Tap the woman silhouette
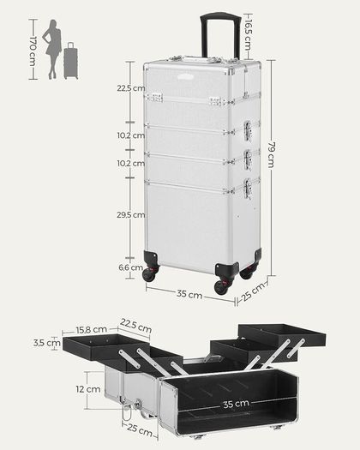[x=52, y=50]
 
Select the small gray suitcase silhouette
[x=70, y=61]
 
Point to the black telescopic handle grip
[x=220, y=16]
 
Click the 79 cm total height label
[x=272, y=154]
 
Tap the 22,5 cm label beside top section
[x=130, y=88]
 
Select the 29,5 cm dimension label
[x=130, y=214]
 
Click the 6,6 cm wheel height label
[x=130, y=267]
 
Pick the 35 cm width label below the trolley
[x=189, y=294]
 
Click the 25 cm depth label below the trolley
[x=253, y=292]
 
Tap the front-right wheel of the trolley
[x=222, y=286]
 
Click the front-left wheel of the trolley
[x=149, y=274]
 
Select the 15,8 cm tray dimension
[x=92, y=329]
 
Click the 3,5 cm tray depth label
[x=47, y=343]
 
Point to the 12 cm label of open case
[x=88, y=389]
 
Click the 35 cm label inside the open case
[x=236, y=404]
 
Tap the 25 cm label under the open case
[x=140, y=430]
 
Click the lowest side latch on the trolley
[x=248, y=189]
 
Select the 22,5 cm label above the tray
[x=135, y=325]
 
